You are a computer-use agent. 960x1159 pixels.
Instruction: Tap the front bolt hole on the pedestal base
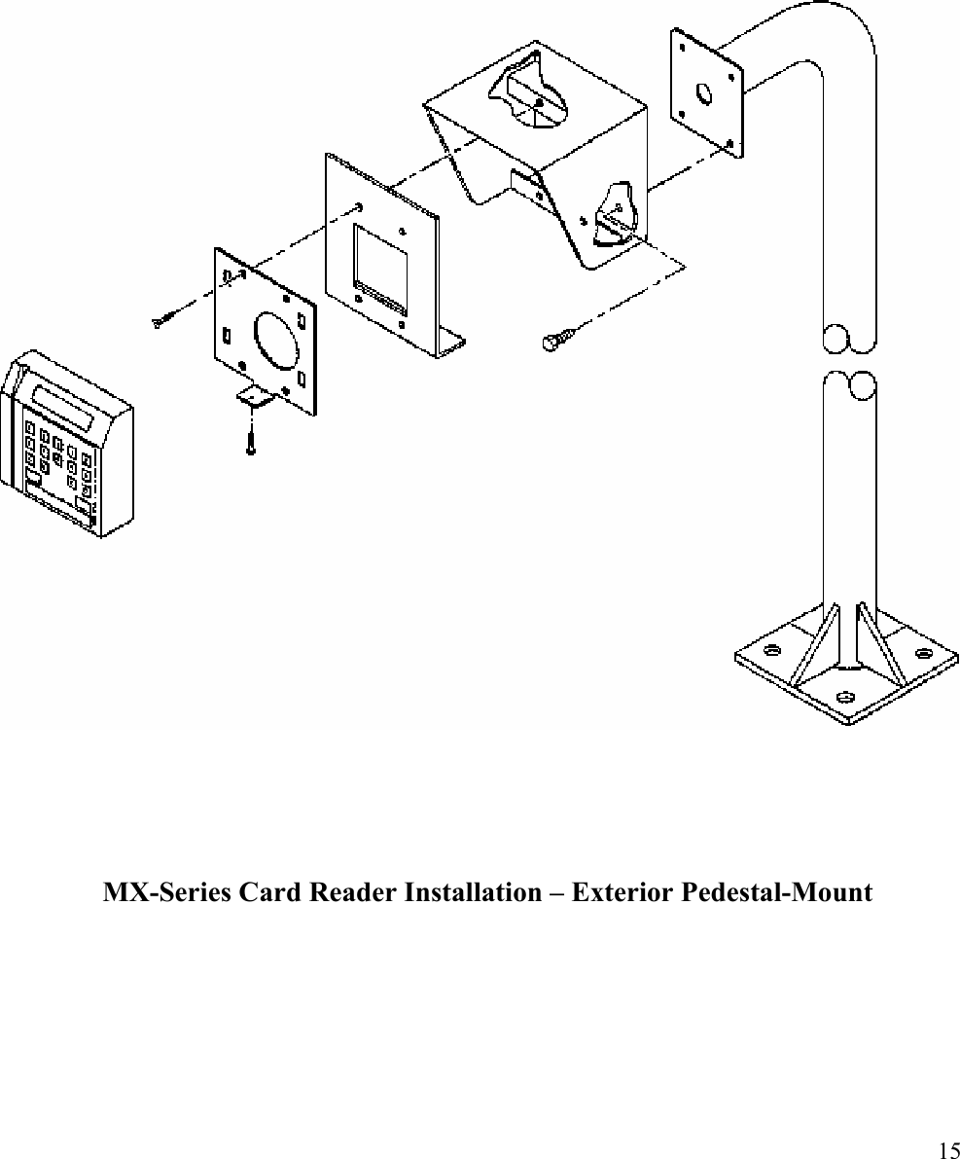pyautogui.click(x=845, y=697)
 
